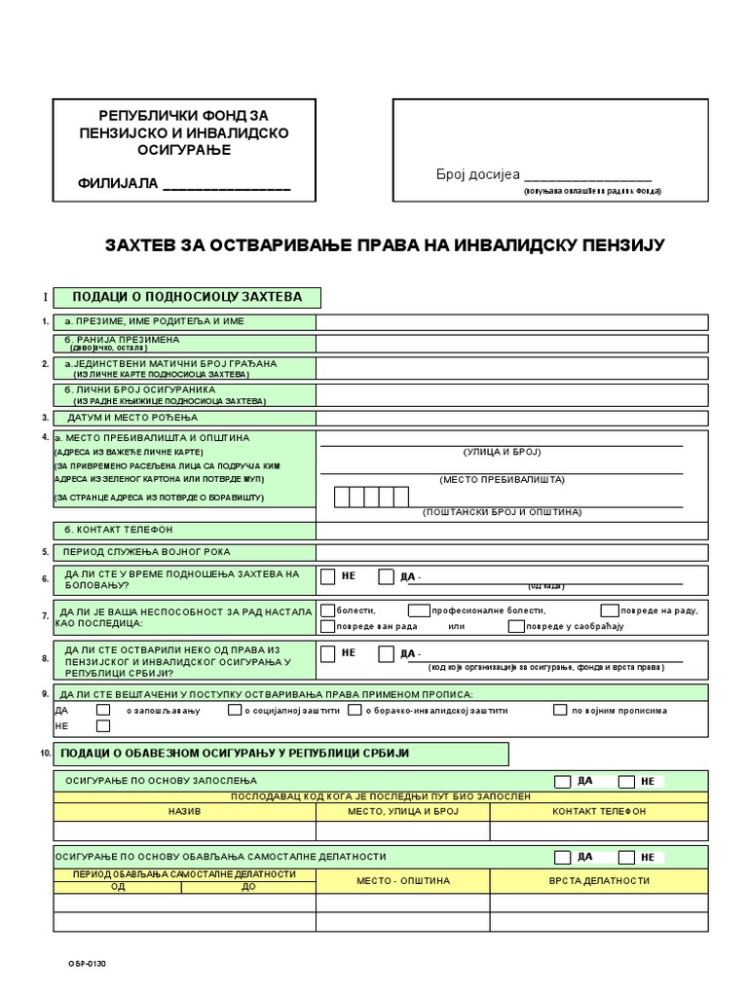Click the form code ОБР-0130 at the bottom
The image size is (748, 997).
(87, 965)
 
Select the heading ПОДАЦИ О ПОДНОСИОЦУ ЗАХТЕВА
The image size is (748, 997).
(187, 297)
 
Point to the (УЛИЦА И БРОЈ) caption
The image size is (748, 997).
(502, 453)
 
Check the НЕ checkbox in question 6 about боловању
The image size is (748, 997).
(328, 576)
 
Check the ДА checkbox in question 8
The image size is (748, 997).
(387, 653)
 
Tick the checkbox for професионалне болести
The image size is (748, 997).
(419, 609)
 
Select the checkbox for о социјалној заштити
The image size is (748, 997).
(235, 710)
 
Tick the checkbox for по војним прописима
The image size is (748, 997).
(560, 710)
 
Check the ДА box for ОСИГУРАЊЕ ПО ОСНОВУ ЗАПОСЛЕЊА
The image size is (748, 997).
(563, 781)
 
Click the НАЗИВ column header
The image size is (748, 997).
(184, 811)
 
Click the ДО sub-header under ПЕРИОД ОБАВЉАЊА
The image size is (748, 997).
(248, 887)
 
